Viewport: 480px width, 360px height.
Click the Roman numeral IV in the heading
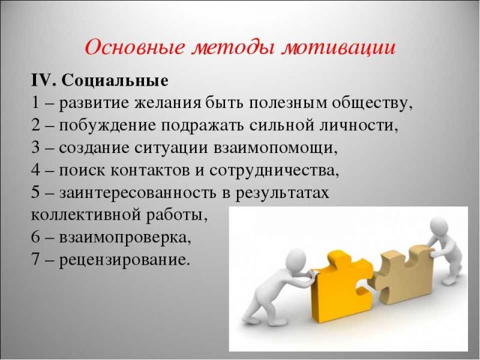(42, 80)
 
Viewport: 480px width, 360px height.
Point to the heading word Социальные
(115, 80)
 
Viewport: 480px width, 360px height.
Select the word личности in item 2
(357, 126)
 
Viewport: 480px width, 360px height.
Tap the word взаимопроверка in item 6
(125, 238)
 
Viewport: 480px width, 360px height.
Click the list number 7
(35, 260)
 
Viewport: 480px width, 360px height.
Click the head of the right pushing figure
(439, 225)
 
